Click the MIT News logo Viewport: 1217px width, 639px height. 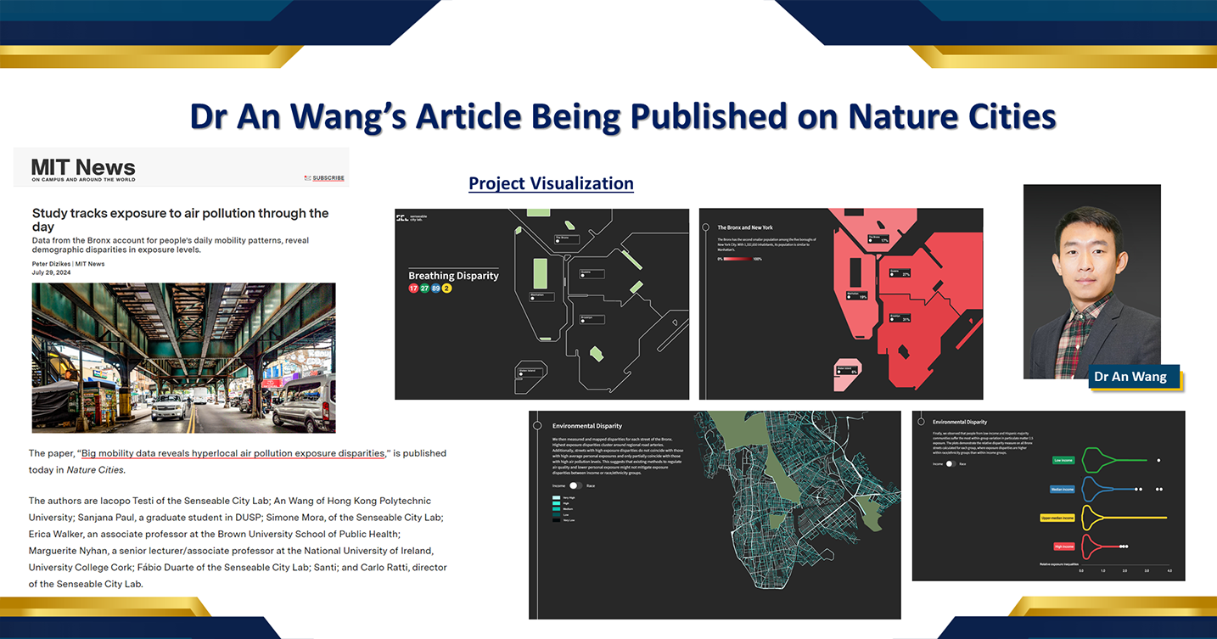point(83,168)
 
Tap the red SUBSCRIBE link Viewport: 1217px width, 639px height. point(328,178)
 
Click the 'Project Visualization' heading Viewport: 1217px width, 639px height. point(551,183)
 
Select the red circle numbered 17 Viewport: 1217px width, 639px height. point(414,289)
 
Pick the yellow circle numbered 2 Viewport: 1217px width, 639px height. point(446,289)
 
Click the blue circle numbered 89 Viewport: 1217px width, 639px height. point(435,289)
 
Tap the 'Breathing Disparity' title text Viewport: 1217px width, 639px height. point(453,276)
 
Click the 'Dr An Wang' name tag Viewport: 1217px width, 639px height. point(1130,377)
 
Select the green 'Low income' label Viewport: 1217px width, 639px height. point(1063,460)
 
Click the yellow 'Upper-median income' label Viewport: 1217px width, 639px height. point(1057,518)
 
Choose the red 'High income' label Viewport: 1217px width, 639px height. point(1063,547)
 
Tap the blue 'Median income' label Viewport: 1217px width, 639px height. point(1062,489)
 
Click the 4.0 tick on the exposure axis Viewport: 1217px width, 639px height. point(1169,571)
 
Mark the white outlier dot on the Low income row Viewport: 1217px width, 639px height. point(1158,460)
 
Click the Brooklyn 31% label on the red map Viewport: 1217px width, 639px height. point(900,318)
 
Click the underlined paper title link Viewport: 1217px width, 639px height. point(233,453)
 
